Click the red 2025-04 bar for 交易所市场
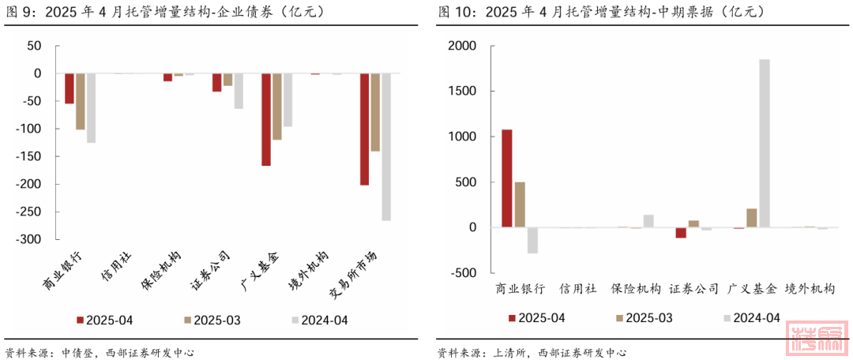[364, 129]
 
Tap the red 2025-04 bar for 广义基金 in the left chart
[266, 119]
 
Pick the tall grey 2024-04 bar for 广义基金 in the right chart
[764, 143]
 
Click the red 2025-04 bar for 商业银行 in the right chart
[507, 178]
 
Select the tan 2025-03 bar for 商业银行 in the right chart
[520, 204]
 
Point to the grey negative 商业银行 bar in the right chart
[532, 240]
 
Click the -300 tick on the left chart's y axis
[30, 239]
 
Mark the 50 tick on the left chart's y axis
[34, 46]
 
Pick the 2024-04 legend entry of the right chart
[751, 317]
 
